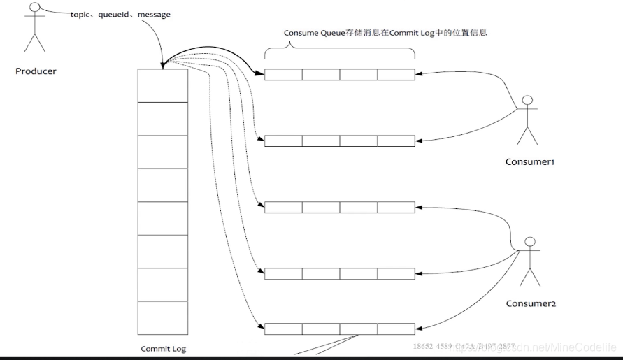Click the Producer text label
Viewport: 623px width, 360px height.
click(x=36, y=71)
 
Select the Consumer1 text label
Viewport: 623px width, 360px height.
click(x=529, y=162)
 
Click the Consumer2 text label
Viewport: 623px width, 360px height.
click(x=531, y=304)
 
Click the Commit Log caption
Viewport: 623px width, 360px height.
click(x=163, y=348)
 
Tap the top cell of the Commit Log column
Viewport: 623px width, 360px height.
click(x=163, y=85)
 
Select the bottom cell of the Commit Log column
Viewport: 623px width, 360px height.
click(x=163, y=318)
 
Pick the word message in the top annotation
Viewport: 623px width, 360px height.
click(x=154, y=14)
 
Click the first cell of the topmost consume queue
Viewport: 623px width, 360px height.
click(x=283, y=74)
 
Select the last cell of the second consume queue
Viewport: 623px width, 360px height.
click(x=396, y=141)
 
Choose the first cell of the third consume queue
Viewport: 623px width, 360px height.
click(x=283, y=207)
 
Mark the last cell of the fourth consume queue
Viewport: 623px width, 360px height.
click(x=396, y=273)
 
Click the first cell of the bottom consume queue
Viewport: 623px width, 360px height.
click(x=283, y=329)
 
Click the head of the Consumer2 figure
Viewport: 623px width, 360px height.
click(x=529, y=243)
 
